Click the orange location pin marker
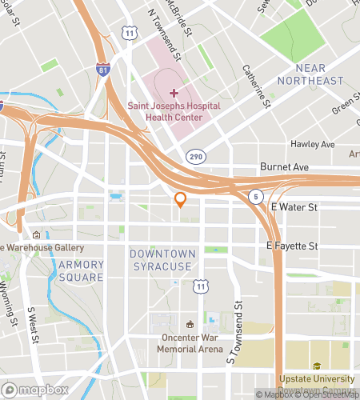click(181, 199)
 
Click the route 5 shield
click(254, 194)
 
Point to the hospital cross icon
click(174, 93)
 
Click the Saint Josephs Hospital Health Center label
click(167, 111)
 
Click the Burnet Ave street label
click(284, 166)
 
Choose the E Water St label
click(294, 207)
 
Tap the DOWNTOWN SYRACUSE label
click(162, 259)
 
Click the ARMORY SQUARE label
click(81, 270)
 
